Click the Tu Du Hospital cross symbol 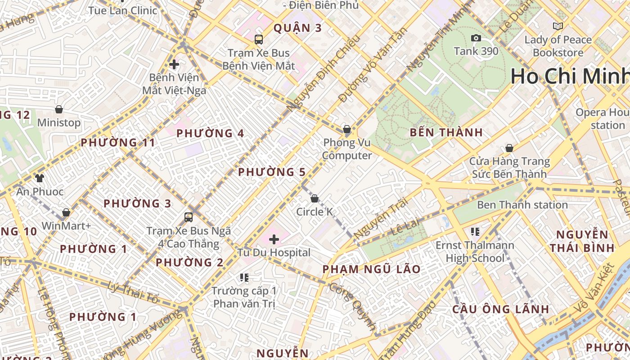pos(274,239)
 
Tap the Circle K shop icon pos(315,198)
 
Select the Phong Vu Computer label pos(347,149)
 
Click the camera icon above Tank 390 pos(476,38)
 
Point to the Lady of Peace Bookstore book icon pos(558,27)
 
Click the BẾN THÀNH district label pos(446,133)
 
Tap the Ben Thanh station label pos(522,205)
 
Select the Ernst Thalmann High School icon pos(475,232)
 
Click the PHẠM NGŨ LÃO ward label pos(371,270)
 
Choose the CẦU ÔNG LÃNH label pos(500,309)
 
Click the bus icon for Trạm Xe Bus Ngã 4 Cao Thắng pos(189,217)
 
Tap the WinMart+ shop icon pos(66,212)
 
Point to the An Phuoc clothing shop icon pos(40,178)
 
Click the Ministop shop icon pos(58,109)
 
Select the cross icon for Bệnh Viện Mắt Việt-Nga pos(174,64)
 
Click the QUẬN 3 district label pos(297,28)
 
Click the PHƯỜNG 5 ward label pos(271,172)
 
